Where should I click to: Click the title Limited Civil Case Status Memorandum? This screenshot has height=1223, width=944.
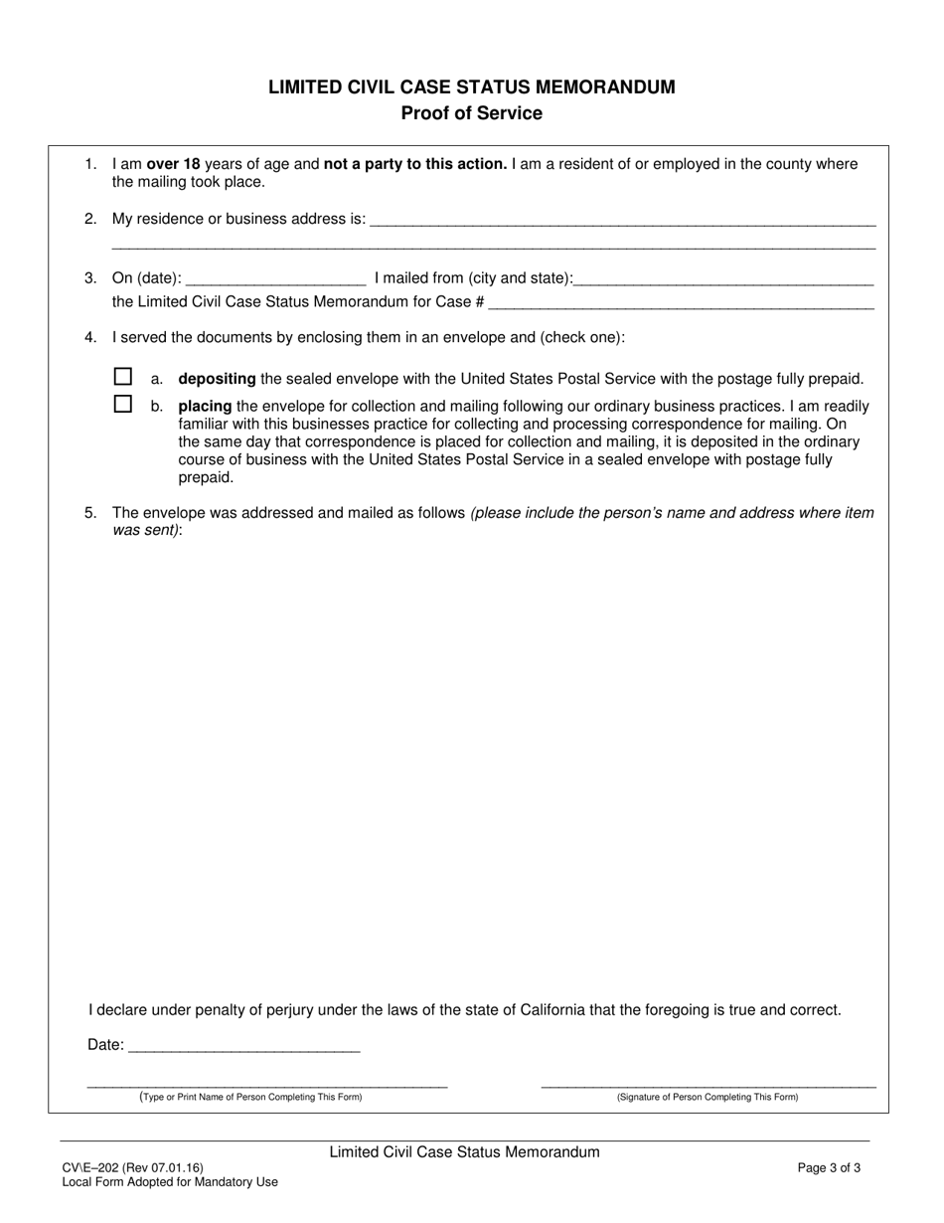[471, 87]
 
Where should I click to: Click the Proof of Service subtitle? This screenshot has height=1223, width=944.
[471, 113]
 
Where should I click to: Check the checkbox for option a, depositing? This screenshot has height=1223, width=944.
[123, 377]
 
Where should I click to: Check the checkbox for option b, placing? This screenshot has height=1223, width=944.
[123, 405]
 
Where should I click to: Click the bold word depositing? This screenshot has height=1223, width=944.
[217, 379]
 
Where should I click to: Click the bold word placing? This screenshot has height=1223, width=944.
[205, 406]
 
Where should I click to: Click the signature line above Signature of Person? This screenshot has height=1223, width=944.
[708, 1085]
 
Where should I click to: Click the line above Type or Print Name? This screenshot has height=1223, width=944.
[267, 1085]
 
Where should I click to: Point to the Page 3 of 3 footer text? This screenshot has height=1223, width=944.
[829, 1168]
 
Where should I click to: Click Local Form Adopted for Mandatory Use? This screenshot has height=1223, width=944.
[170, 1182]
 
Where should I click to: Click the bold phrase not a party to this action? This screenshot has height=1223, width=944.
[415, 165]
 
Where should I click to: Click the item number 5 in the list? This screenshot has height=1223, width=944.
[90, 513]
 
